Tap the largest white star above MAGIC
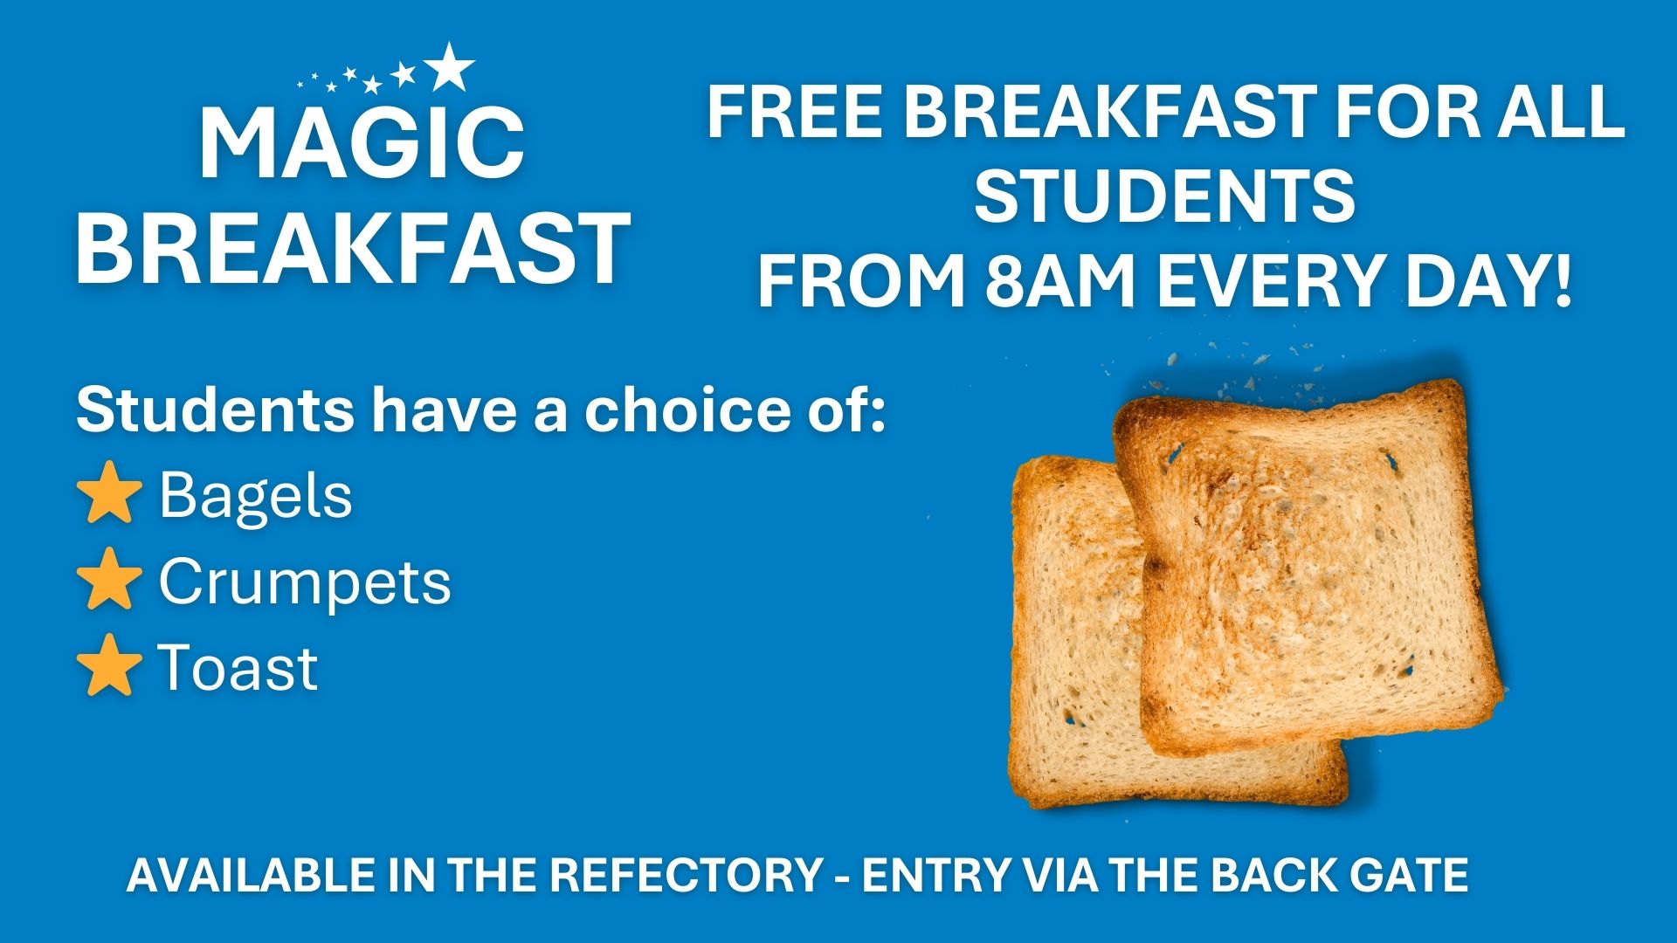tap(450, 66)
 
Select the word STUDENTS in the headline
tap(1164, 197)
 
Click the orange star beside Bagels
tap(109, 495)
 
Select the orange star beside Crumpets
tap(109, 581)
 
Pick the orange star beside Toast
tap(109, 666)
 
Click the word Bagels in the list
tap(255, 495)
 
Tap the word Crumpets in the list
tap(305, 581)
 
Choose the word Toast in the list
tap(238, 668)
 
